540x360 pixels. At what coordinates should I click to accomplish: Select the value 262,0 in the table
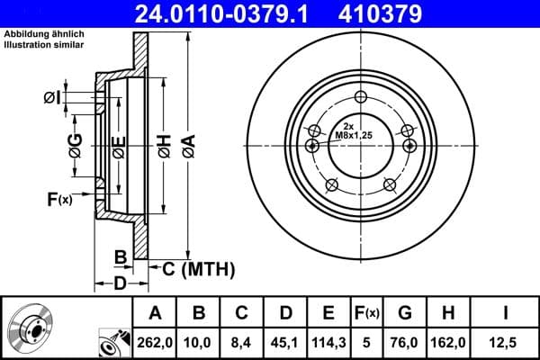[x=155, y=343]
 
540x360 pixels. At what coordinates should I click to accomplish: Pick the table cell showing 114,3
[x=328, y=343]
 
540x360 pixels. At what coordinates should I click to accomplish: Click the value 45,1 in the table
[x=285, y=343]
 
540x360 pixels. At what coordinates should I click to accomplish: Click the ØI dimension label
[x=51, y=97]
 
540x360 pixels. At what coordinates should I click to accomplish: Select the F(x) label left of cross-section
[x=58, y=199]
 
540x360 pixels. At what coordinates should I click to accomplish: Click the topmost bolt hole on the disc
[x=361, y=98]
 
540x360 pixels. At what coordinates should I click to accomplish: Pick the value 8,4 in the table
[x=241, y=343]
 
